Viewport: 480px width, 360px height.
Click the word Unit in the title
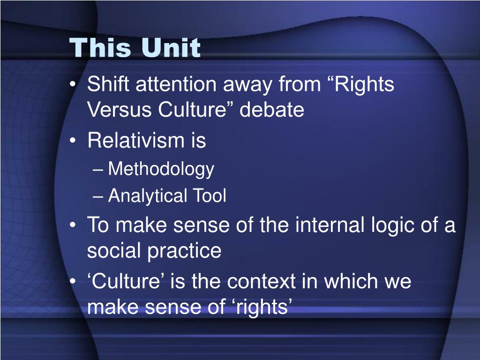tap(171, 47)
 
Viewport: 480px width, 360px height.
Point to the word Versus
tap(120, 110)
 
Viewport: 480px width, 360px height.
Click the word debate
tap(272, 110)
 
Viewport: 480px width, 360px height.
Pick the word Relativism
tap(136, 140)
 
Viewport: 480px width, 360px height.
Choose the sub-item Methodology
tap(161, 169)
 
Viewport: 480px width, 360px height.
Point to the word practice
tap(184, 251)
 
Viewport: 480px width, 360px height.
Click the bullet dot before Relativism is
tap(73, 141)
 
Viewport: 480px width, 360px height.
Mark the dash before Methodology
tap(97, 170)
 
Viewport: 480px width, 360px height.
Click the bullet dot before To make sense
tap(73, 225)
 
